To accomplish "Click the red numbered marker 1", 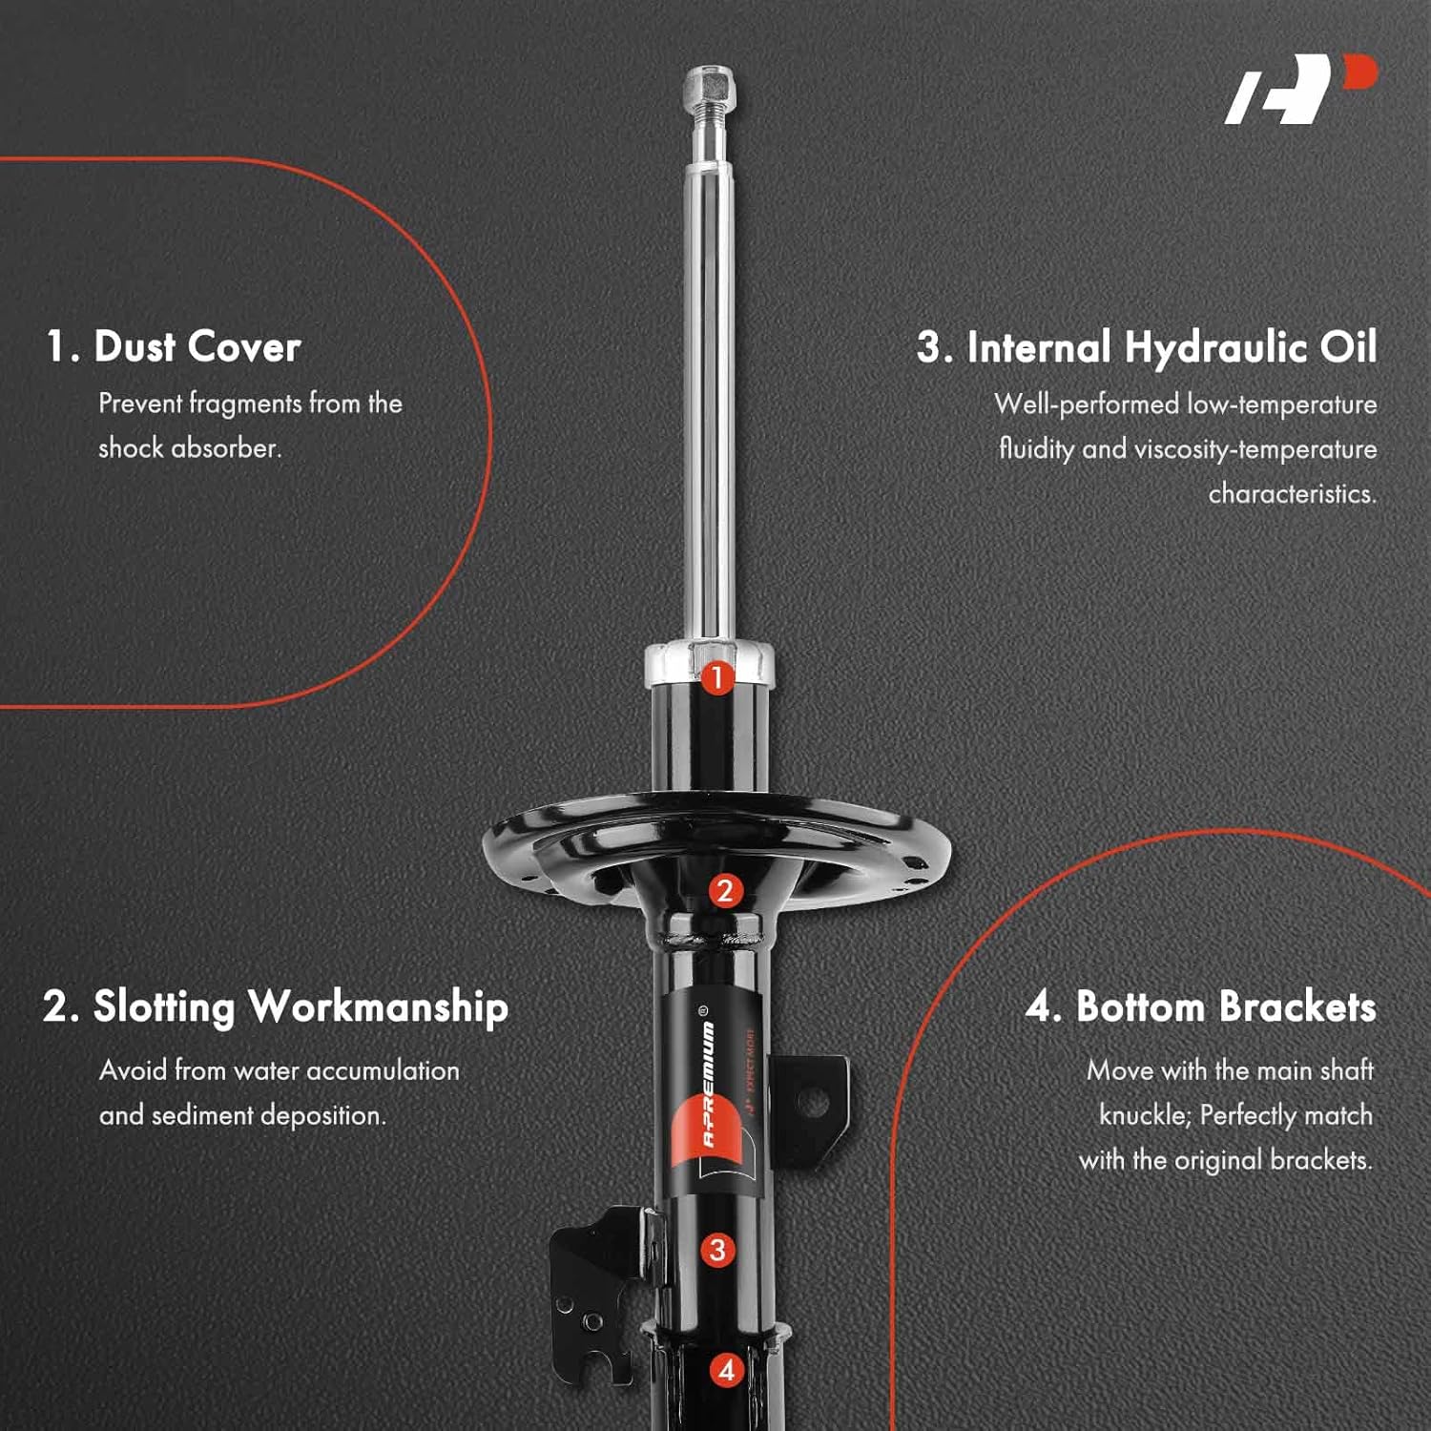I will (x=717, y=679).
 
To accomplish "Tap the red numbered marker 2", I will (x=725, y=891).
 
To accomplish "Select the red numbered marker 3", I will (x=718, y=1250).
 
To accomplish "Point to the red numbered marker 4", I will (x=727, y=1370).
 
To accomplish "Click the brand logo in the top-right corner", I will (x=1299, y=89).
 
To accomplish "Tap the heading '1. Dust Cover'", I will (x=174, y=346).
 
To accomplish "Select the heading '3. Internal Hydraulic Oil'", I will (x=1147, y=347).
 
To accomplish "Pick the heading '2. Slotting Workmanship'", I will (x=276, y=1007).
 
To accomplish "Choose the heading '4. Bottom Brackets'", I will (x=1200, y=1007).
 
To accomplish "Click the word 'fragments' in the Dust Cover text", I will (x=245, y=404).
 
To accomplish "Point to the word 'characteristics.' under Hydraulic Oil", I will (x=1292, y=493).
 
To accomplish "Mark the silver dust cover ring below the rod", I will (x=710, y=663).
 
